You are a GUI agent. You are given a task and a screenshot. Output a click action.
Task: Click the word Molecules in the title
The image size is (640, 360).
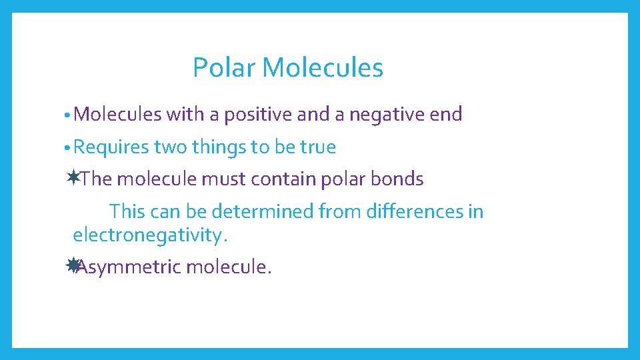[323, 67]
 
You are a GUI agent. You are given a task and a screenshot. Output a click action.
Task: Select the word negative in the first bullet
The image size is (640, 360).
[387, 115]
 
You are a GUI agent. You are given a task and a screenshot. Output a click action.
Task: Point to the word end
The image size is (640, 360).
[446, 115]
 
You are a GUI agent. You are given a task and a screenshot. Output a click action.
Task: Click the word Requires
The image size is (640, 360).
[111, 147]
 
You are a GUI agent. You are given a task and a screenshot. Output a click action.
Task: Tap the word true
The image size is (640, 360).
[317, 147]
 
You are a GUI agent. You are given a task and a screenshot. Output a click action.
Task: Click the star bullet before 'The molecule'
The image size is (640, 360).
[73, 177]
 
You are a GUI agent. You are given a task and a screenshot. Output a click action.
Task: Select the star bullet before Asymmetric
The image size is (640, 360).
[73, 265]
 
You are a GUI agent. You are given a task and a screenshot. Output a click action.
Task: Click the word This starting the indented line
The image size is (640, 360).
[127, 212]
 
